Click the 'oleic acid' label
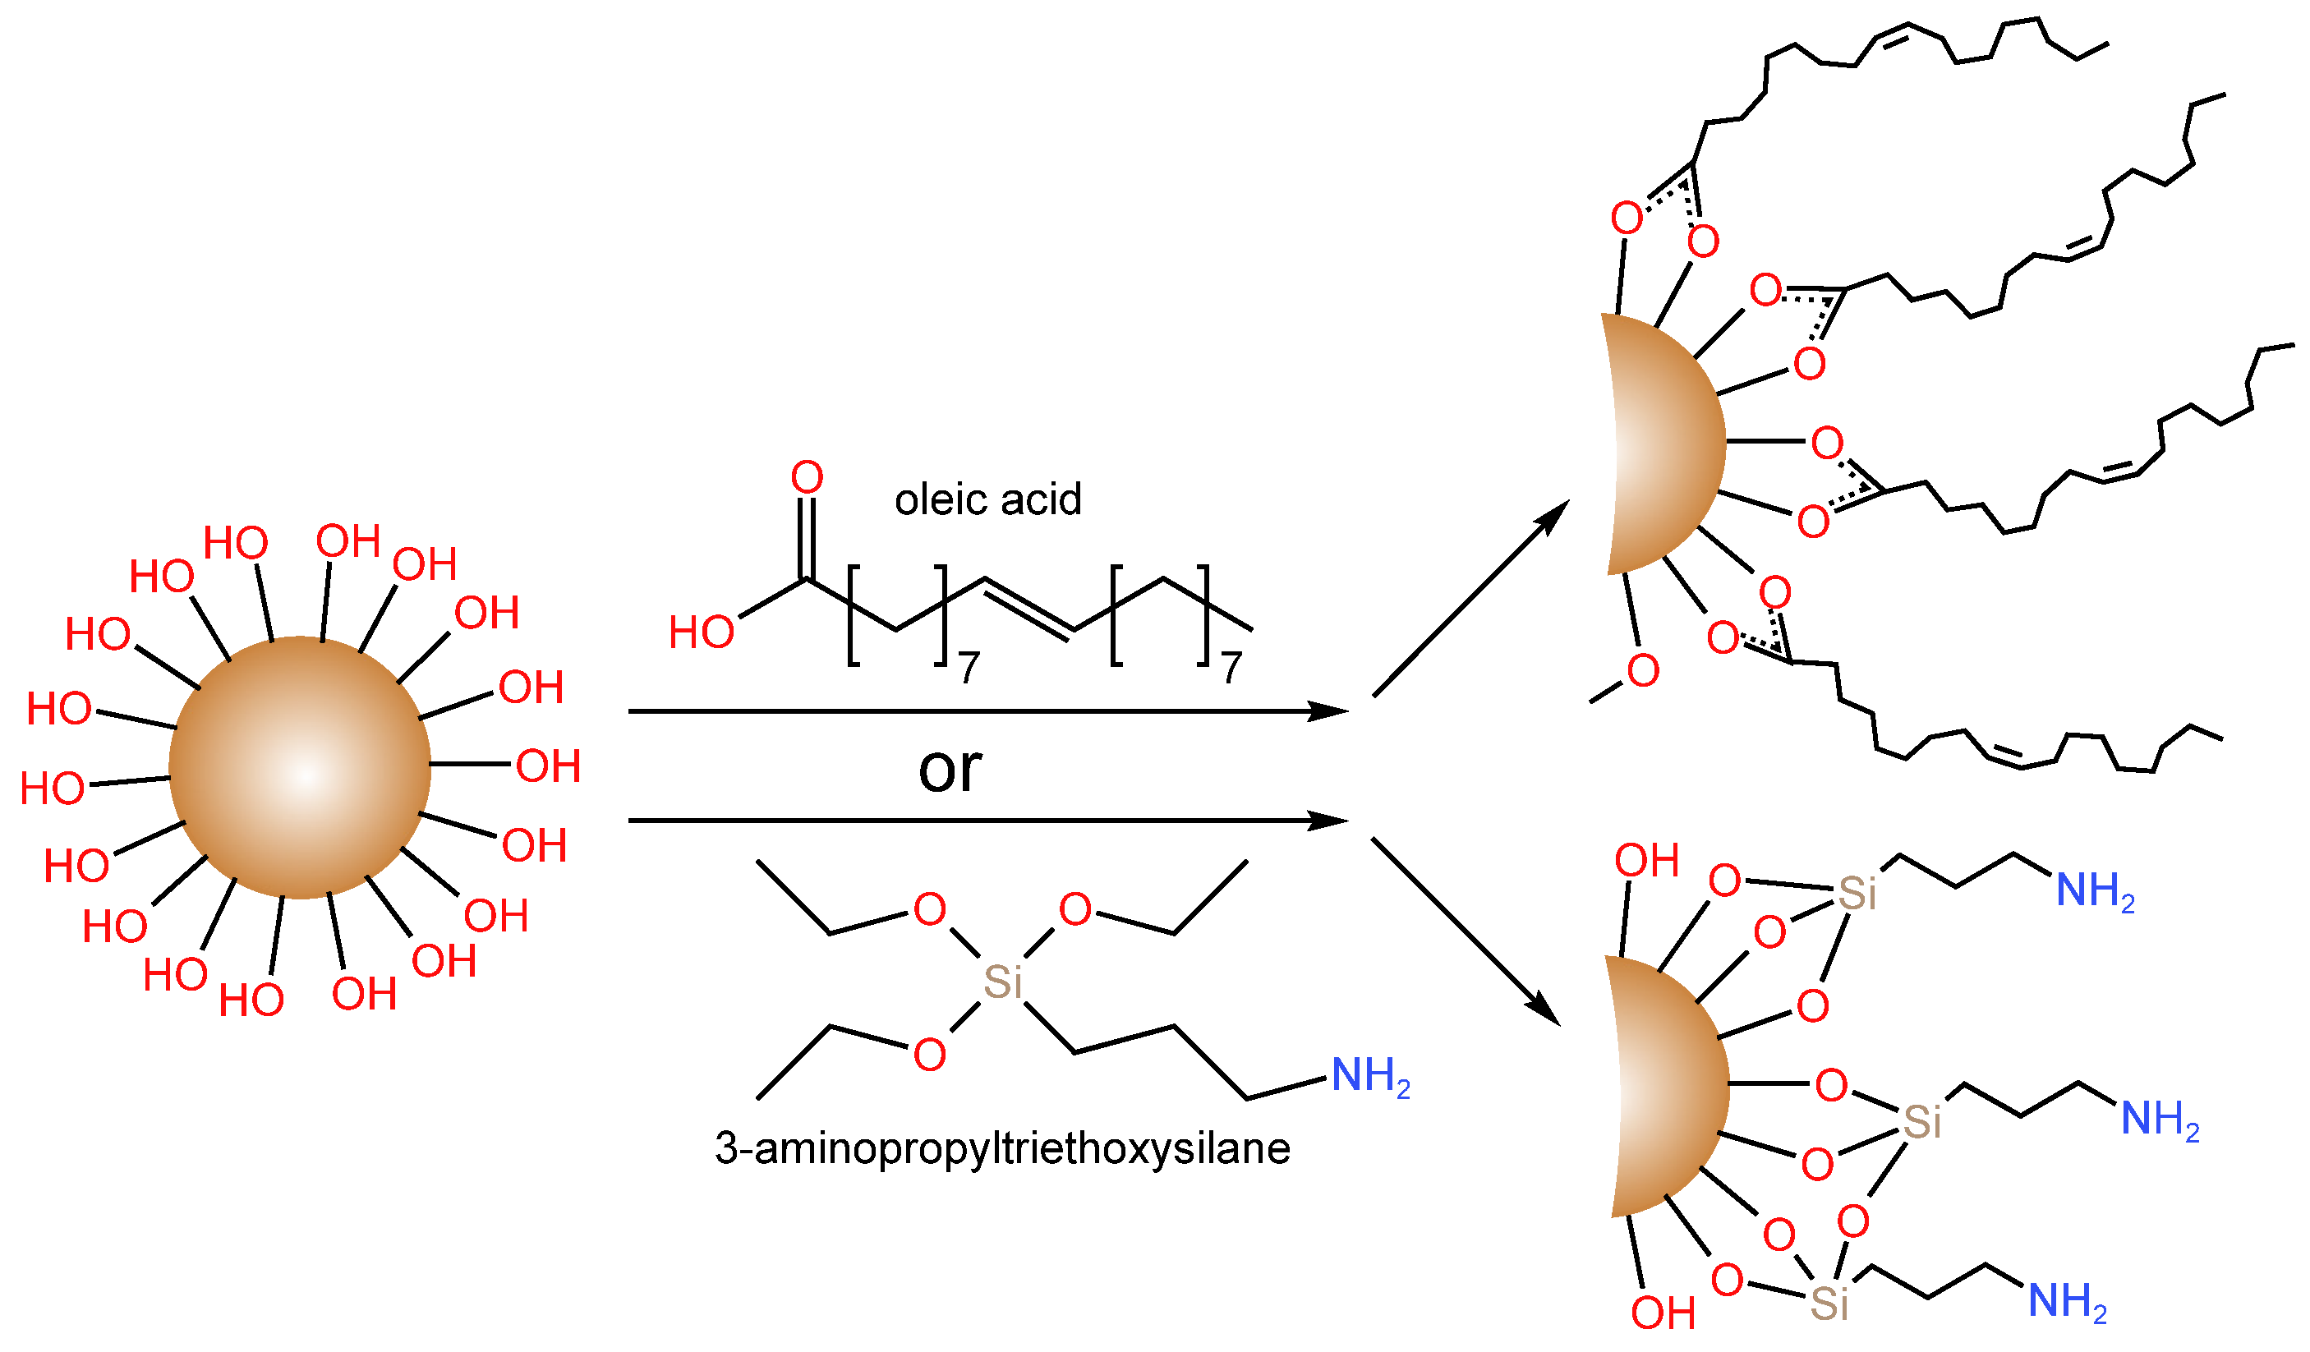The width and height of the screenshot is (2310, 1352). coord(987,500)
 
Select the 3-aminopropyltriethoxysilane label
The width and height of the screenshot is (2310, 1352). coord(1002,1148)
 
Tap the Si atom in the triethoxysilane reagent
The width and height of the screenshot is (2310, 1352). coord(1002,982)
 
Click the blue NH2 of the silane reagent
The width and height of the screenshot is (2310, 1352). coord(1369,1076)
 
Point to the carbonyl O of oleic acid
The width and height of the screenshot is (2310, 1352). coord(807,477)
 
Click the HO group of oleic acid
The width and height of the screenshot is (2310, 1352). coord(702,632)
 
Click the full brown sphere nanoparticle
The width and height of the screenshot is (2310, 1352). coord(300,768)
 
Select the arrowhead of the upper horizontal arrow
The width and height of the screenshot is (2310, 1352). coord(1329,711)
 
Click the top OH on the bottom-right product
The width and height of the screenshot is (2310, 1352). coord(1646,861)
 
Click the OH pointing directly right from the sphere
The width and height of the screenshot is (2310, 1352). coord(548,766)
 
